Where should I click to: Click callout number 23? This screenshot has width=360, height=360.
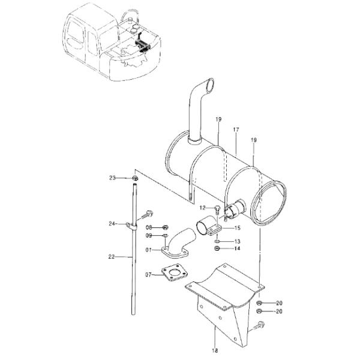(112, 178)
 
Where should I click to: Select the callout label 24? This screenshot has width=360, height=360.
(112, 224)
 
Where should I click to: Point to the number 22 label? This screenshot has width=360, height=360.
(112, 257)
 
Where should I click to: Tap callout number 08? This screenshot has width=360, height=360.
(149, 228)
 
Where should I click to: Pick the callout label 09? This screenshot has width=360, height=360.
(149, 236)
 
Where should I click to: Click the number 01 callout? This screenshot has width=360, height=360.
(149, 250)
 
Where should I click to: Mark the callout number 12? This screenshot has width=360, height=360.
(203, 208)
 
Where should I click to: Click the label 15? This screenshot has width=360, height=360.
(237, 228)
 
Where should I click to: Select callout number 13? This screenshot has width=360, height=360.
(237, 241)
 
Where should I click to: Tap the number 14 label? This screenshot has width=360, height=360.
(237, 248)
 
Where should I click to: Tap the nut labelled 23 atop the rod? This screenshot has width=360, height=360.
(135, 178)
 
